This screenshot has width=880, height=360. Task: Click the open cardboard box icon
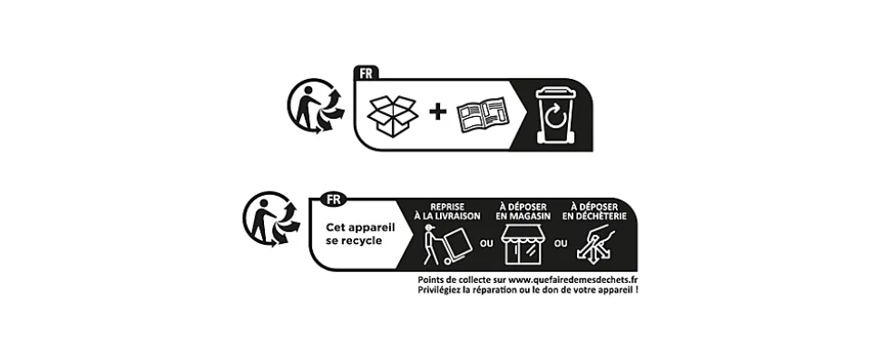391,114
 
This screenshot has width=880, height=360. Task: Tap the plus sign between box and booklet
439,112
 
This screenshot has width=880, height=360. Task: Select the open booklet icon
484,115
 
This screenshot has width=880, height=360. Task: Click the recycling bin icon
553,114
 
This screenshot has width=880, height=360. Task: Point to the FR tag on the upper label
367,72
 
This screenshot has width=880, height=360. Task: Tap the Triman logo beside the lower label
273,220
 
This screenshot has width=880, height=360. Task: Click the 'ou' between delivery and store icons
485,242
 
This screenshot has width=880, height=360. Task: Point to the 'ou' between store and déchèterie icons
560,242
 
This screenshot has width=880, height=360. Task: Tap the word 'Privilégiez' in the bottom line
441,290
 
